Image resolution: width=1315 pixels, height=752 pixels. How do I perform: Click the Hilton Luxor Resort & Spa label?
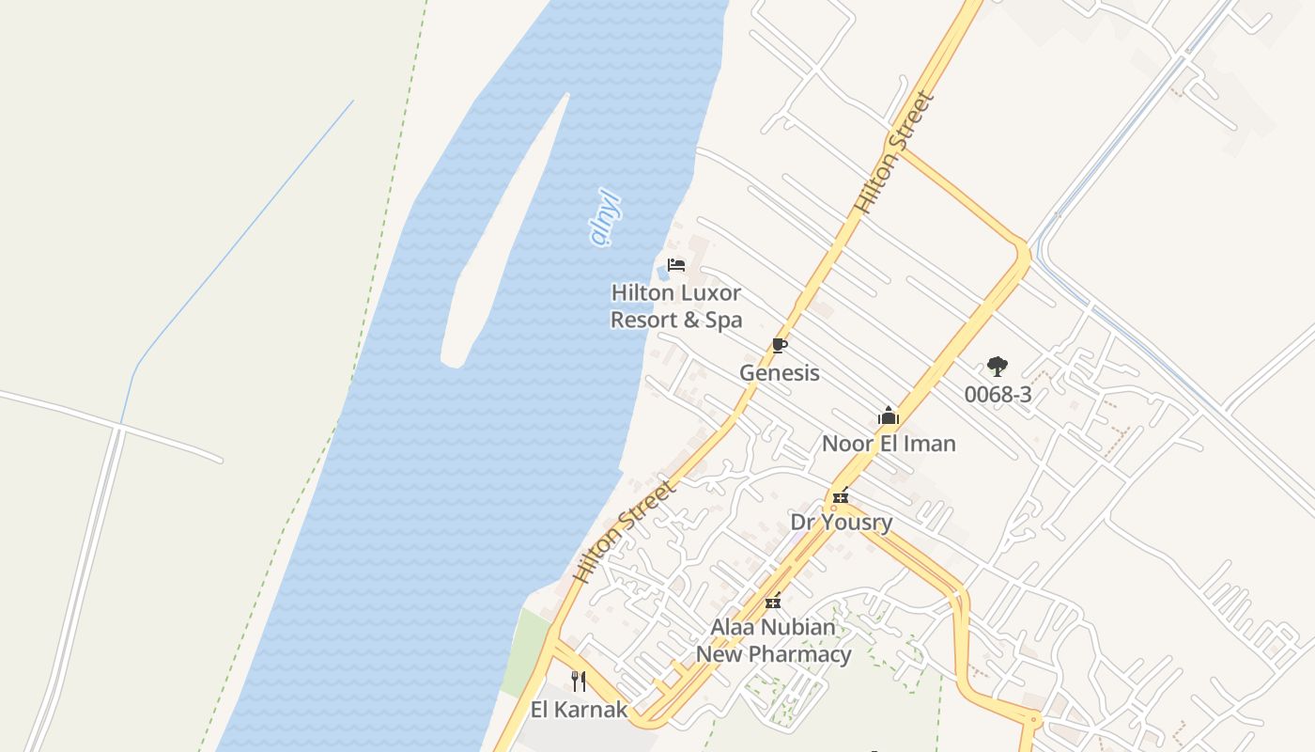tap(676, 306)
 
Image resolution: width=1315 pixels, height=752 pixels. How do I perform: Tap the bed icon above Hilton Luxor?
tap(676, 265)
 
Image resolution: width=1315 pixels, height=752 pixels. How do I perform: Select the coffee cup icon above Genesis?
tap(779, 346)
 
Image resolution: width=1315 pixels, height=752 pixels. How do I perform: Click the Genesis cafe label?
tap(780, 373)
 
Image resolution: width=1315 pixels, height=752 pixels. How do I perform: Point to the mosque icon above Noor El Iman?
tap(889, 415)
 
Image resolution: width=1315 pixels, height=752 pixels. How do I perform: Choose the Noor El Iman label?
tap(889, 444)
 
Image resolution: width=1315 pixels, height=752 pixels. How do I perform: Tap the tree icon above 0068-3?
tap(998, 367)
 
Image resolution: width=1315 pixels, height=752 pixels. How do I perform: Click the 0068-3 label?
tap(998, 395)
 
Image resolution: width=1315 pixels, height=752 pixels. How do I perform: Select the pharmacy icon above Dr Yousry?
tap(841, 495)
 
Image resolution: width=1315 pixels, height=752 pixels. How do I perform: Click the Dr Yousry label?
tap(842, 522)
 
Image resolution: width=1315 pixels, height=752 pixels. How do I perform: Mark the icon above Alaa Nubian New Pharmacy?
tap(773, 601)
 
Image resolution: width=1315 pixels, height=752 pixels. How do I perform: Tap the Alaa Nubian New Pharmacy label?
tap(773, 641)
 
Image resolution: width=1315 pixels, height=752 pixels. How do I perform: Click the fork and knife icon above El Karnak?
tap(579, 681)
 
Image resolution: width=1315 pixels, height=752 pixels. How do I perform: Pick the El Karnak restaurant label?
tap(579, 710)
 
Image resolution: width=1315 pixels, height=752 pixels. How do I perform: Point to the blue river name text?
tap(606, 218)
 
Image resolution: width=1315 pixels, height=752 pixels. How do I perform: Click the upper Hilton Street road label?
tap(895, 152)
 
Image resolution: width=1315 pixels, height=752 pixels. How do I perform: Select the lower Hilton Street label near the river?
tap(625, 532)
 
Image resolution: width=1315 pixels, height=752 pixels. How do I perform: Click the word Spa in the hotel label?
tap(722, 321)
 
